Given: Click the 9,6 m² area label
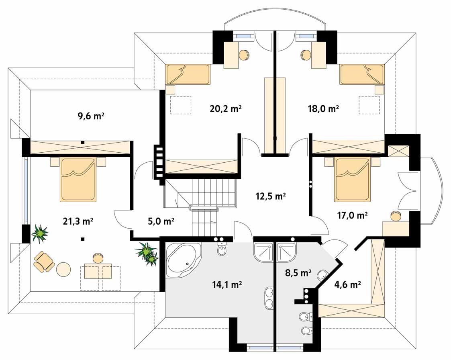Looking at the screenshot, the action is point(91,116).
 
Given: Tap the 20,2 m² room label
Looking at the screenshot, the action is point(226,109).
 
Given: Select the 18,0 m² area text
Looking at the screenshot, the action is point(323,109).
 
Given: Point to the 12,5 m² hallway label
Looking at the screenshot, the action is point(271,196).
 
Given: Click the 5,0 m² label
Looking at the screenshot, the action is point(161,221).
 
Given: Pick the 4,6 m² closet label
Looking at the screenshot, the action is point(348,284).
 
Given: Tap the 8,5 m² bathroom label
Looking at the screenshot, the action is point(298,273).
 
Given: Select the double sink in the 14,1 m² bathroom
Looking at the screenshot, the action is point(269,298).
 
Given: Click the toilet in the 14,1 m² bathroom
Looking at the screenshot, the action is point(222,249).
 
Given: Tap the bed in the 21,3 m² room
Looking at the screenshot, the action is point(78,179).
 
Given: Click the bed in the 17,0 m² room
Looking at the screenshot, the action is point(352,179).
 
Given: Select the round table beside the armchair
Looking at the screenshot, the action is point(63,269).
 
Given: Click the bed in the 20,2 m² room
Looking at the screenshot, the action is point(188,74).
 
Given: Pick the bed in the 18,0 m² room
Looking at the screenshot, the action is point(362,74).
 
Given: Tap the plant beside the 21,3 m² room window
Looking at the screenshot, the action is point(39,234).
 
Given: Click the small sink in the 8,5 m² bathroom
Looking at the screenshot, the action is point(322,275).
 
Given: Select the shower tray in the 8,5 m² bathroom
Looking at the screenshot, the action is point(286,252).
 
